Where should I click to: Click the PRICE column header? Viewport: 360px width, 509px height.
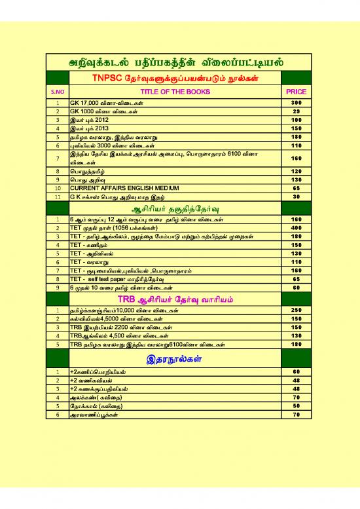pyautogui.click(x=296, y=92)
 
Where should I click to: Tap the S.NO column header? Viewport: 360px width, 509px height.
pyautogui.click(x=58, y=92)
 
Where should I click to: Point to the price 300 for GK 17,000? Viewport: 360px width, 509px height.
pyautogui.click(x=296, y=104)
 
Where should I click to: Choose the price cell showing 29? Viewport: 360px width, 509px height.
pyautogui.click(x=296, y=112)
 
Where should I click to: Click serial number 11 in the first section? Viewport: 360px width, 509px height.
pyautogui.click(x=58, y=196)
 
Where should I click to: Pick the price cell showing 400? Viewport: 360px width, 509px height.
pyautogui.click(x=296, y=227)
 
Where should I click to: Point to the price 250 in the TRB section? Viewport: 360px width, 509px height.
pyautogui.click(x=296, y=309)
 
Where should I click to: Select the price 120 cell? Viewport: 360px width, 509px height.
pyautogui.click(x=296, y=170)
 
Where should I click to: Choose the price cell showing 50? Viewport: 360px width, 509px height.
pyautogui.click(x=296, y=405)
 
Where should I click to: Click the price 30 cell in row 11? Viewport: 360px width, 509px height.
pyautogui.click(x=296, y=196)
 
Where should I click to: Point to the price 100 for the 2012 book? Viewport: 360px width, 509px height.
pyautogui.click(x=296, y=121)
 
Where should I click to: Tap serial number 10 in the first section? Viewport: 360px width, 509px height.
pyautogui.click(x=58, y=187)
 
